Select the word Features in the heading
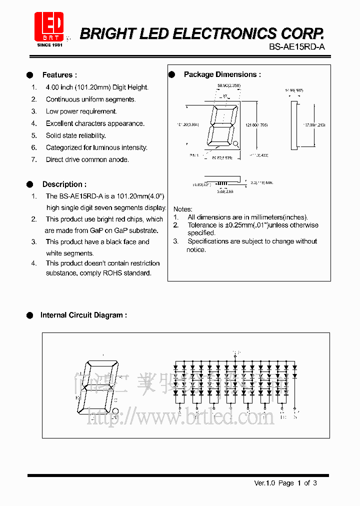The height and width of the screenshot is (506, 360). pyautogui.click(x=57, y=75)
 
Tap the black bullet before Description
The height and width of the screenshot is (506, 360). pyautogui.click(x=30, y=184)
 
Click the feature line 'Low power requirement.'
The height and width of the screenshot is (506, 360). pyautogui.click(x=81, y=111)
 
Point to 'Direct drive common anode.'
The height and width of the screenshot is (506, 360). pyautogui.click(x=87, y=159)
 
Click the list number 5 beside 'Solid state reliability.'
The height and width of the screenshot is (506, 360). pyautogui.click(x=34, y=135)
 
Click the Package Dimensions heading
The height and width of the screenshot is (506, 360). pyautogui.click(x=222, y=74)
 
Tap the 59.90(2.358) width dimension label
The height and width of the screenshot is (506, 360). pyautogui.click(x=229, y=86)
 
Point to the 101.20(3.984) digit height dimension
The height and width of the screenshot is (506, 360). pyautogui.click(x=187, y=125)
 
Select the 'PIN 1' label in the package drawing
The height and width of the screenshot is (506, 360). pyautogui.click(x=194, y=156)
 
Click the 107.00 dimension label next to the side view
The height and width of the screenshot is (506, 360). pyautogui.click(x=315, y=125)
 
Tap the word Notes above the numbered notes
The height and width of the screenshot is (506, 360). pyautogui.click(x=182, y=209)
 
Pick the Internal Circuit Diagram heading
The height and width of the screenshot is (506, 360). pyautogui.click(x=83, y=315)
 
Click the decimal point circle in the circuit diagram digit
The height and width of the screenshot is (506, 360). pyautogui.click(x=115, y=411)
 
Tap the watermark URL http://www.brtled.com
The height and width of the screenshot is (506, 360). pyautogui.click(x=180, y=416)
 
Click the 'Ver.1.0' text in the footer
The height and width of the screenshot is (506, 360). pyautogui.click(x=265, y=483)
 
